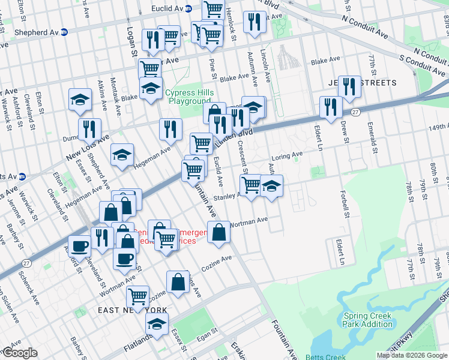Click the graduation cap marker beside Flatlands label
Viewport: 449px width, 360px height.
tap(157, 324)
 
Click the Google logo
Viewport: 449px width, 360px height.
tap(19, 353)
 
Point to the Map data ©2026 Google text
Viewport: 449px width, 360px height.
tap(412, 355)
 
